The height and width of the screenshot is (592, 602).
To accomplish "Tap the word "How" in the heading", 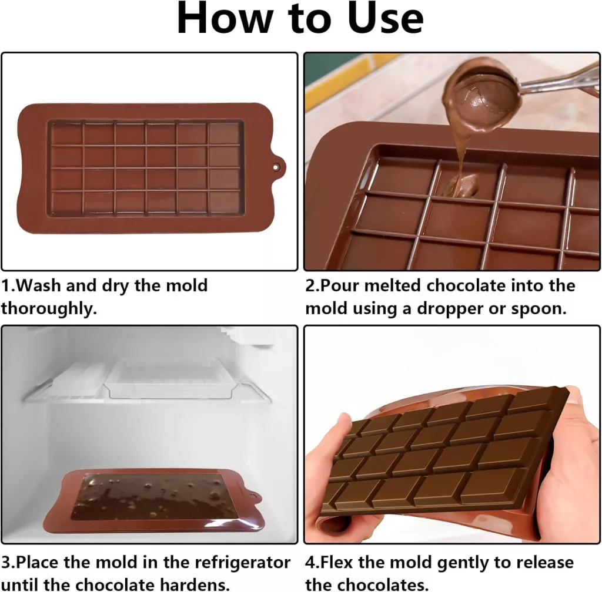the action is click(x=225, y=18).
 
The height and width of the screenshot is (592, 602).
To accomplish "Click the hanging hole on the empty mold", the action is click(x=275, y=167).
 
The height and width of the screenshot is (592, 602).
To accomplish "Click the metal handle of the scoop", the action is click(x=560, y=81).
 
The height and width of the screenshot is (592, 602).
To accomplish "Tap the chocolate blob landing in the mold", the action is click(x=461, y=186).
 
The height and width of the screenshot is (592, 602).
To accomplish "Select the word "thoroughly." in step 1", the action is click(x=49, y=309).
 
